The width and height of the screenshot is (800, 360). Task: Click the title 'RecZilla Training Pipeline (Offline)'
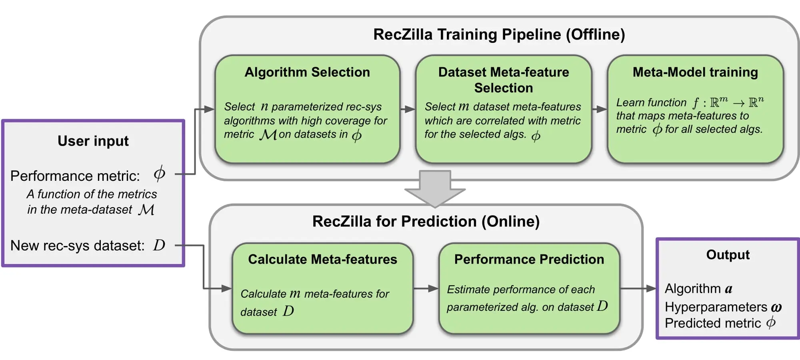499,34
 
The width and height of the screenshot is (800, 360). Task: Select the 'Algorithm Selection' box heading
307,72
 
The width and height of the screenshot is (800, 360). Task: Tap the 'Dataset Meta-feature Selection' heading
503,80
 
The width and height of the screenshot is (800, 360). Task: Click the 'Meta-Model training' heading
695,72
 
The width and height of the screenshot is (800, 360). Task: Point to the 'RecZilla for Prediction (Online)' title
426,221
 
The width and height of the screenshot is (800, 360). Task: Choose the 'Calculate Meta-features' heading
322,259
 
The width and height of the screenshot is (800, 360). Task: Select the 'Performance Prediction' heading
529,259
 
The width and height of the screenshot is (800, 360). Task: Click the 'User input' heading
93,141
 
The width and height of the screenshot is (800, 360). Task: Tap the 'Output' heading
728,254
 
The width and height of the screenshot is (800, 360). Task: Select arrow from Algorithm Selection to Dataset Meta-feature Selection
408,109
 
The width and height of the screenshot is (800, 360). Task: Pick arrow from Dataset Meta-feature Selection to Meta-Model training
599,109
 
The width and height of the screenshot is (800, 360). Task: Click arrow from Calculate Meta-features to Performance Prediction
426,288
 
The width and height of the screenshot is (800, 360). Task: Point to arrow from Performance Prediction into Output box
638,288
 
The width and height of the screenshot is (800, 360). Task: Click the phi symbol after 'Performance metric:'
159,174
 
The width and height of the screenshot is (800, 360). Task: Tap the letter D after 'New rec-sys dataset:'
159,245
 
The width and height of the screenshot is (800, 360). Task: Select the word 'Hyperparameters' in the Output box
716,307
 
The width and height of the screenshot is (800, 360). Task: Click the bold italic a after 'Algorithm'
728,289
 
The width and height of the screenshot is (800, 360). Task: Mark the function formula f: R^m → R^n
728,102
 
